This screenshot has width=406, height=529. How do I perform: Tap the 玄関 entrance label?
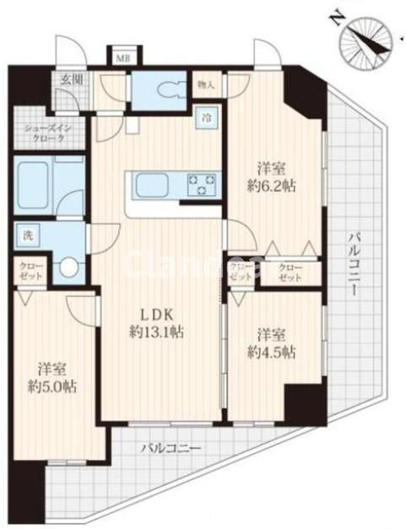[71, 81]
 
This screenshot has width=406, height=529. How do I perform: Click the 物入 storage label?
[205, 84]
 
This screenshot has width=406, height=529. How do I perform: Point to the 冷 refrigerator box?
[206, 118]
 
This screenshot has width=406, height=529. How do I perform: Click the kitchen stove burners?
[202, 183]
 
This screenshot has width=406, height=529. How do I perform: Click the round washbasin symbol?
[68, 268]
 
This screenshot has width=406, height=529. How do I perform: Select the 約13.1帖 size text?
[157, 331]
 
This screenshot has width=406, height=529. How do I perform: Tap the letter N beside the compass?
[334, 14]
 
